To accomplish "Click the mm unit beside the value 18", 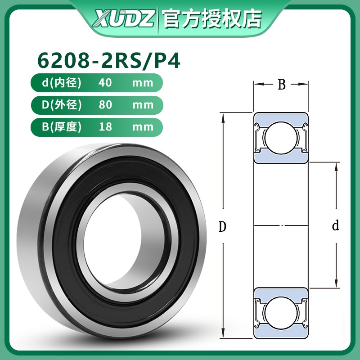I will [x=143, y=127].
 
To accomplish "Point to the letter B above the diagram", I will [x=282, y=85].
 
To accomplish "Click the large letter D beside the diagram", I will [x=222, y=227].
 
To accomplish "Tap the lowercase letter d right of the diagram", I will [x=335, y=226].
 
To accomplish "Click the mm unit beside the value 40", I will [x=143, y=83].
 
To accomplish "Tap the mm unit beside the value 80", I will [x=143, y=105].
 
